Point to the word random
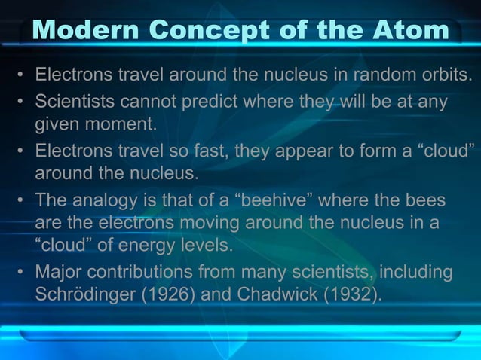(374, 76)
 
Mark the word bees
(422, 201)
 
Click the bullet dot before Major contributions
(23, 271)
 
